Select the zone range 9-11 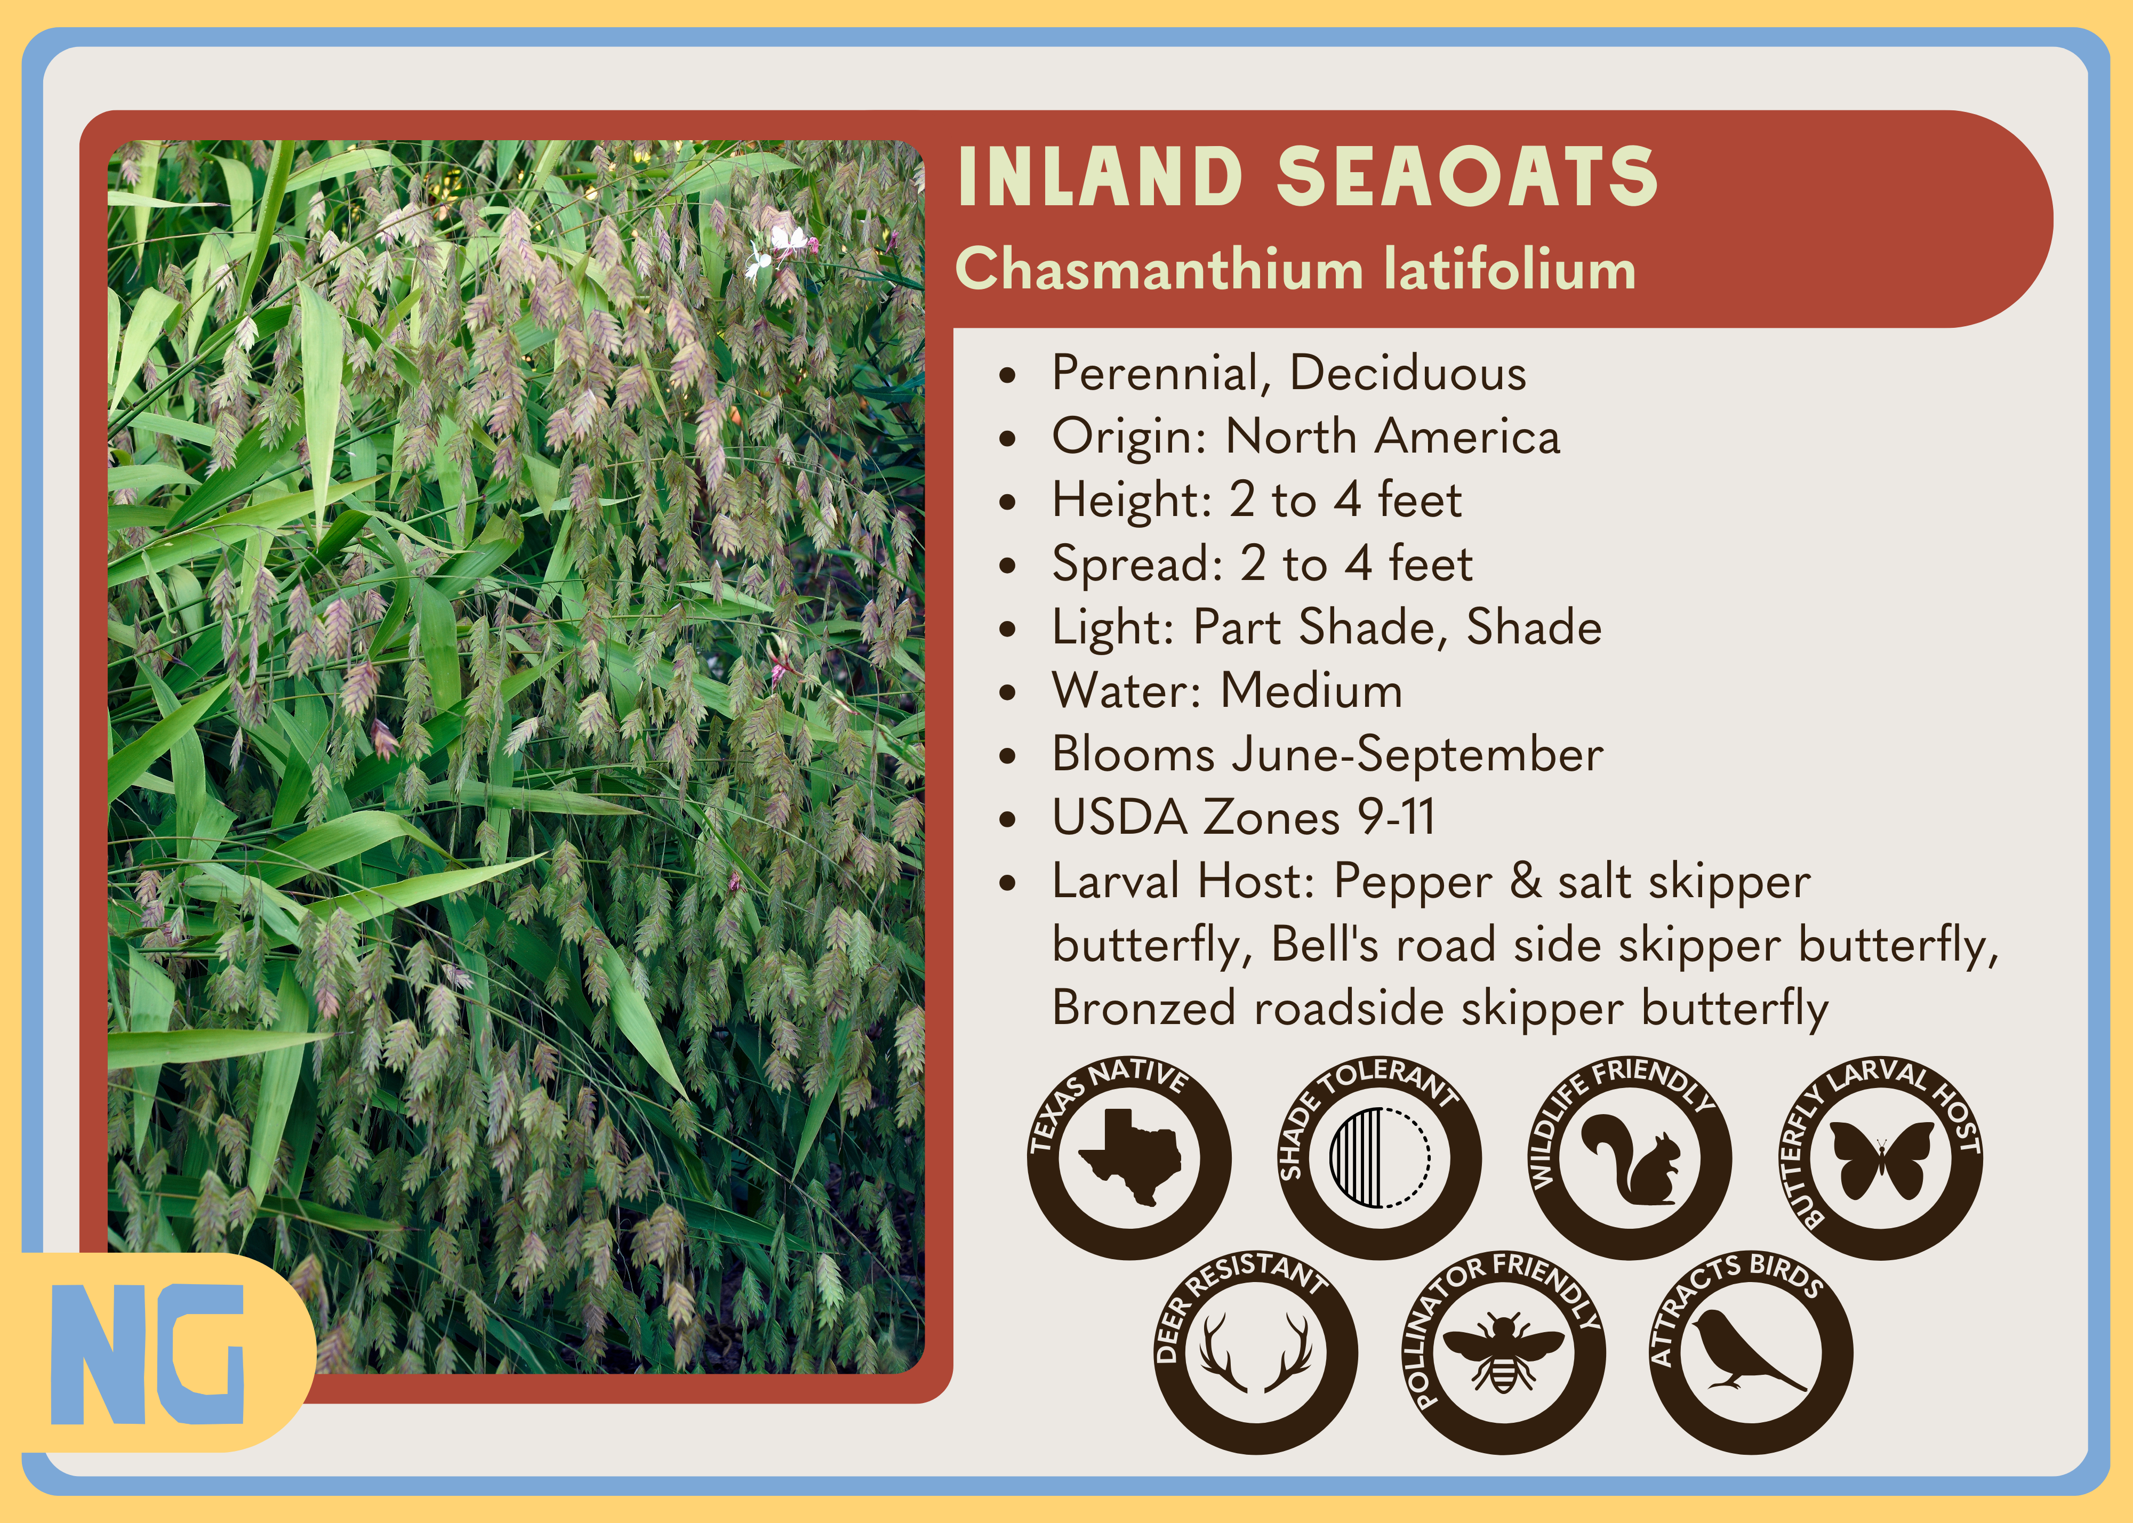tap(1397, 817)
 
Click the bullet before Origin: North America tap(1007, 439)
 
